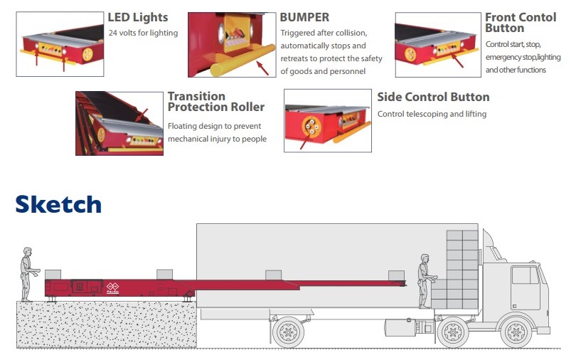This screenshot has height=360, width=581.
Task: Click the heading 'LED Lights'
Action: click(137, 17)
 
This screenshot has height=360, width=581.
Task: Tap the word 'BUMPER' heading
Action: click(304, 17)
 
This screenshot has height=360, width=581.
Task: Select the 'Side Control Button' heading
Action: click(433, 97)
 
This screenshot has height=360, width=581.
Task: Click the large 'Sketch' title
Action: click(58, 204)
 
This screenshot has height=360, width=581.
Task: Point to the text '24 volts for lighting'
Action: click(143, 33)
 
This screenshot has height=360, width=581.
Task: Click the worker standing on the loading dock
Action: click(27, 273)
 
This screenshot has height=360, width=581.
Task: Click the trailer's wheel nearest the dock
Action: click(287, 331)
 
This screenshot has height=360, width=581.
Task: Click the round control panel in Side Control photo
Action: click(311, 129)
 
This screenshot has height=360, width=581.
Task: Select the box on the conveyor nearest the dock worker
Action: click(53, 275)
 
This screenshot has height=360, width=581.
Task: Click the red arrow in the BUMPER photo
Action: click(266, 67)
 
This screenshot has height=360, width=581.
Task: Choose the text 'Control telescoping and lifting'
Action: click(432, 114)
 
